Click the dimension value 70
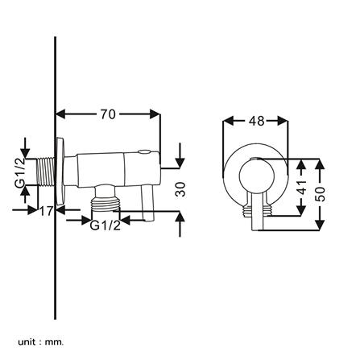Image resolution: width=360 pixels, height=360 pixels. click(x=108, y=114)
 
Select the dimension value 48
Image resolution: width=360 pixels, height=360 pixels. click(x=257, y=121)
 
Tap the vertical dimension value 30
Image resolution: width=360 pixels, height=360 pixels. click(x=180, y=189)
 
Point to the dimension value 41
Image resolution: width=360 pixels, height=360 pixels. click(x=302, y=187)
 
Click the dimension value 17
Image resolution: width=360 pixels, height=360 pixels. click(x=47, y=211)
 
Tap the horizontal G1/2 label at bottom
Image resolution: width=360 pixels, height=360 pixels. click(x=105, y=226)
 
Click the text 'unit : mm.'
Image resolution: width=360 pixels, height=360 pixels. click(x=41, y=335)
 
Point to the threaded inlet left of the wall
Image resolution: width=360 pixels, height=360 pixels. click(x=46, y=172)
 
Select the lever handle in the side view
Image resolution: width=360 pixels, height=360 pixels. click(x=147, y=203)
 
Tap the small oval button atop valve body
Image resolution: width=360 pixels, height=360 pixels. click(x=145, y=152)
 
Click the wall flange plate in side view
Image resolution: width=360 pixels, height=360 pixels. click(x=60, y=172)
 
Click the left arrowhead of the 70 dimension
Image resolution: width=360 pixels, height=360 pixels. click(x=60, y=114)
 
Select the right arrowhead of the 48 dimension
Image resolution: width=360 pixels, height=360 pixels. click(x=283, y=121)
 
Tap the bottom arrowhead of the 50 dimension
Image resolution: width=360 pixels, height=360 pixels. click(x=320, y=225)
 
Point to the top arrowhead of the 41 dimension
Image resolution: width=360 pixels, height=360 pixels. click(x=302, y=164)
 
